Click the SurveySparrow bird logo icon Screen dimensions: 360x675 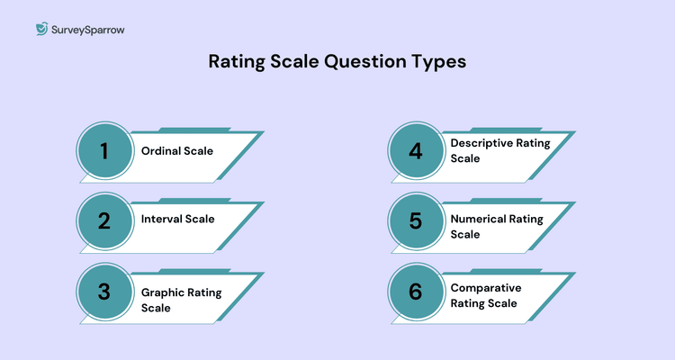click(41, 30)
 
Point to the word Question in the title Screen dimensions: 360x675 click(365, 63)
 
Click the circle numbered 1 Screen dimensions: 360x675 click(103, 151)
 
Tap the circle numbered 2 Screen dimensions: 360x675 click(103, 220)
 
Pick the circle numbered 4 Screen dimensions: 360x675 click(415, 151)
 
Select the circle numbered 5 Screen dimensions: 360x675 click(415, 220)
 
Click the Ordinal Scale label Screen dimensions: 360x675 click(176, 151)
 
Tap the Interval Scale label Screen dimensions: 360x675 click(177, 220)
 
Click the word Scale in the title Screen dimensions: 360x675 click(298, 63)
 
